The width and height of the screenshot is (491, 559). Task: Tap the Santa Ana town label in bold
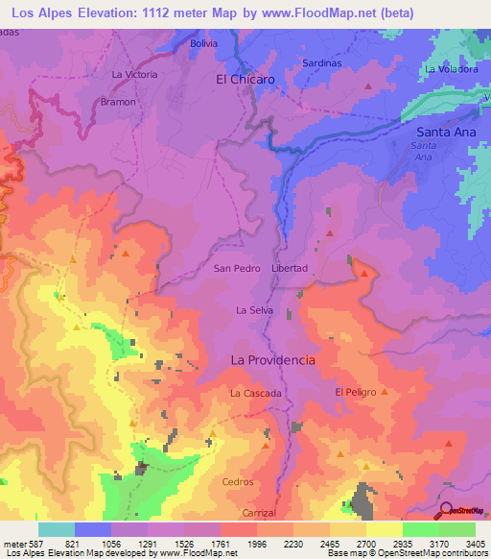[447, 131]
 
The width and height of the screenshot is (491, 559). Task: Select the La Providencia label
[272, 359]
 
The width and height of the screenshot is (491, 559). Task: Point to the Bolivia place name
[203, 44]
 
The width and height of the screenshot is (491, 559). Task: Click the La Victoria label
[134, 74]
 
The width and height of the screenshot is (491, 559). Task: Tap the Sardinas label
[321, 63]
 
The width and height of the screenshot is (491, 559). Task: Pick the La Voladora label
[452, 69]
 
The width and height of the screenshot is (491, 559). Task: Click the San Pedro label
[237, 268]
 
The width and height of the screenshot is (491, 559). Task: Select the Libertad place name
[290, 268]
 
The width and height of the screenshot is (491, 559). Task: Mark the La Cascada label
[255, 394]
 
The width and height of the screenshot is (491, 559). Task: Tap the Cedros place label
[237, 481]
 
